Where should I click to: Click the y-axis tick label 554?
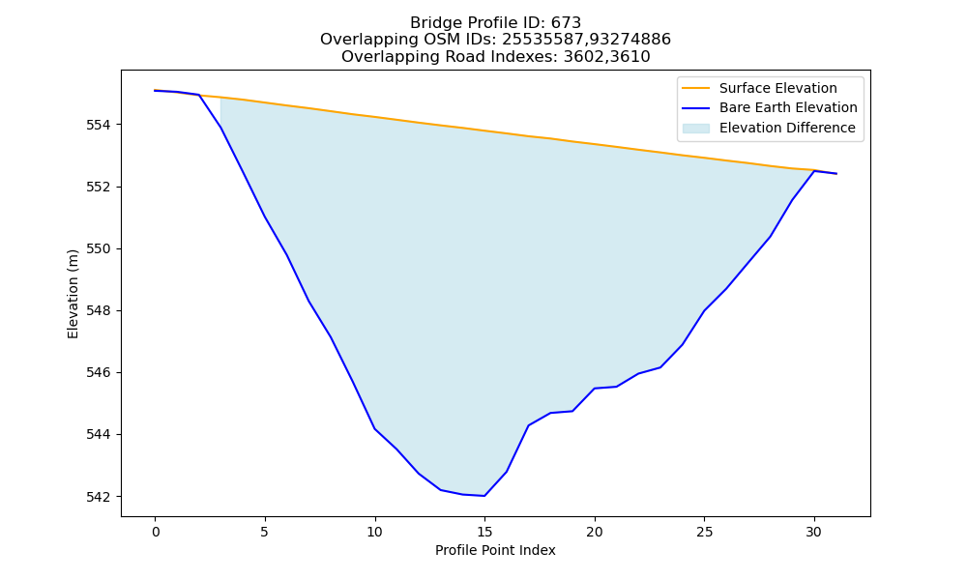(98, 125)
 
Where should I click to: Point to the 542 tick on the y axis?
(98, 497)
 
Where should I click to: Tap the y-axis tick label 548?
(98, 310)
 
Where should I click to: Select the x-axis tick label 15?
(484, 532)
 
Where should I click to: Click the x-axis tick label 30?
(814, 532)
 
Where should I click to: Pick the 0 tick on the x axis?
(156, 532)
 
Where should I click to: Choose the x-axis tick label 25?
(704, 532)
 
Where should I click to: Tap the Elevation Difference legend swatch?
(695, 129)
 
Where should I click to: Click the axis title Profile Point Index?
(495, 550)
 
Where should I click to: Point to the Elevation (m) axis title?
(73, 294)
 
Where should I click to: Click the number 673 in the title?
(566, 23)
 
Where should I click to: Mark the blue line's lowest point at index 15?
(484, 496)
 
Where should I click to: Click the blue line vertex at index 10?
(375, 428)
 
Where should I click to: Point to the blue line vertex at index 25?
(704, 310)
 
